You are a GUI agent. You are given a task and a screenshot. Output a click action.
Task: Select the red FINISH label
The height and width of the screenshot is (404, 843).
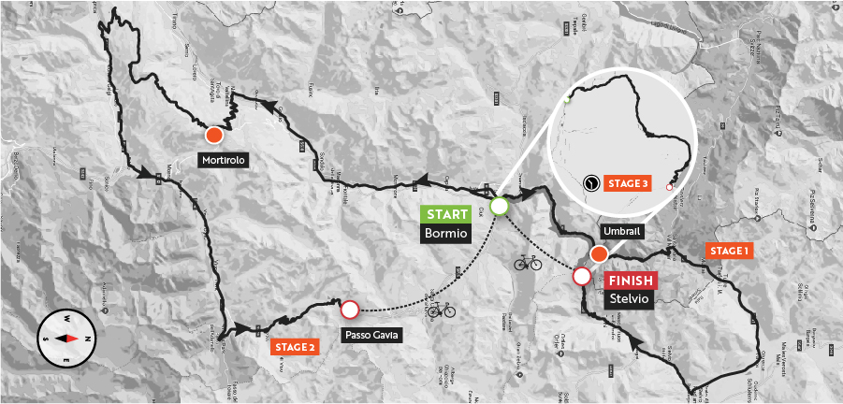coord(632,280)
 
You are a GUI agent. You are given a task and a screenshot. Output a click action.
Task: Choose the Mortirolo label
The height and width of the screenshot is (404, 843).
coord(223,160)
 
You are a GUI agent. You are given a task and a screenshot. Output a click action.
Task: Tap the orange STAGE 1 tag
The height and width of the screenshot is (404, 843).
coord(729,251)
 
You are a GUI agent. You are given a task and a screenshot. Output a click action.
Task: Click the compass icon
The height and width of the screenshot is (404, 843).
coord(65,338)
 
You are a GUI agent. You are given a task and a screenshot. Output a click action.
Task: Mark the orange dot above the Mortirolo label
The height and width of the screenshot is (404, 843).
coord(214,135)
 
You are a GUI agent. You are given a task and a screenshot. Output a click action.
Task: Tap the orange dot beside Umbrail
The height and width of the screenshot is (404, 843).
coord(600,254)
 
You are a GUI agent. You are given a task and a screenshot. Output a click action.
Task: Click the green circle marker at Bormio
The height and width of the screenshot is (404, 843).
coord(499,206)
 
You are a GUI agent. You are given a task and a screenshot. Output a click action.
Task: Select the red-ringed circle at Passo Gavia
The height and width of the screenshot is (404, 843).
coord(350,309)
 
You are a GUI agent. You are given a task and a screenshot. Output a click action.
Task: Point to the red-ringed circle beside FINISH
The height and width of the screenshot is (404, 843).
coord(581,276)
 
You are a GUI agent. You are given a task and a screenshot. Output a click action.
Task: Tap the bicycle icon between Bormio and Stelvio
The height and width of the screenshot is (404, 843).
coord(527,263)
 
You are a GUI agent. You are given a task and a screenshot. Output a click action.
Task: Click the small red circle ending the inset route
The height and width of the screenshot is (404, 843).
coord(669,187)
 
